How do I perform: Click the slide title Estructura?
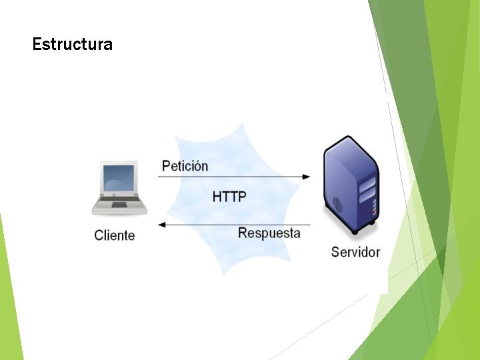click(72, 45)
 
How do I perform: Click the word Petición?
click(185, 166)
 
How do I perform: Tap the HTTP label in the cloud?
click(229, 197)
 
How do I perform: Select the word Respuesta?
click(269, 233)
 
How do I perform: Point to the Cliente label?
click(115, 235)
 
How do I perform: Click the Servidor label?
click(355, 252)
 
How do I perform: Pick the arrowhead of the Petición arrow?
click(306, 177)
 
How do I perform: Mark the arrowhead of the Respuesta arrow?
click(161, 225)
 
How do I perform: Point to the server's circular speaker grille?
click(337, 203)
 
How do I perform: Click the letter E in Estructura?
click(37, 45)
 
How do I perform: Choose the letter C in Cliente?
click(99, 235)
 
